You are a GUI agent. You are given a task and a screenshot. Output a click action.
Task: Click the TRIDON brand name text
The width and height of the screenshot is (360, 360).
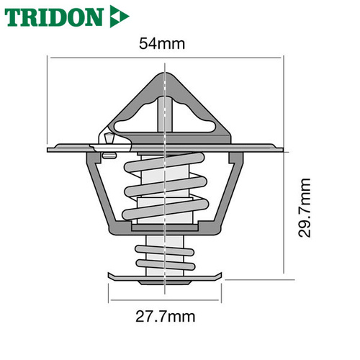coord(54,17)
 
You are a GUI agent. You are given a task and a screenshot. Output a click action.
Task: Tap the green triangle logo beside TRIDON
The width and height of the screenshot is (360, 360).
coord(120,17)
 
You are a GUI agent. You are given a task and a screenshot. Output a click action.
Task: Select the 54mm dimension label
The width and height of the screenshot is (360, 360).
coord(162,44)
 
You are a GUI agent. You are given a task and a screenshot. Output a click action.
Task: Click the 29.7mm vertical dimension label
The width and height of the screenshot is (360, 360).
coord(305,208)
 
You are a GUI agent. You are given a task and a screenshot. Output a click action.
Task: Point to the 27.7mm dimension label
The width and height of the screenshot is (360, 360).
coord(166,317)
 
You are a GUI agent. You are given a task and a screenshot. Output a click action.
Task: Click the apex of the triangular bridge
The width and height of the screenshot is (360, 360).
coord(166,73)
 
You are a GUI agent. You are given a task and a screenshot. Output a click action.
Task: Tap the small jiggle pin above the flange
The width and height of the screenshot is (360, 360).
coord(109,138)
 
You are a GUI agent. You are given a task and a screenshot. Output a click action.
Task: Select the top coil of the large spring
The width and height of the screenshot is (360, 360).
coord(164,162)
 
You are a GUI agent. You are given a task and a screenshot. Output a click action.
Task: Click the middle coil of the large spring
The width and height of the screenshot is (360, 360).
coord(166,186)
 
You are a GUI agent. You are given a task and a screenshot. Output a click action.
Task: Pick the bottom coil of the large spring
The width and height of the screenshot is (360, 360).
coord(166,210)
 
